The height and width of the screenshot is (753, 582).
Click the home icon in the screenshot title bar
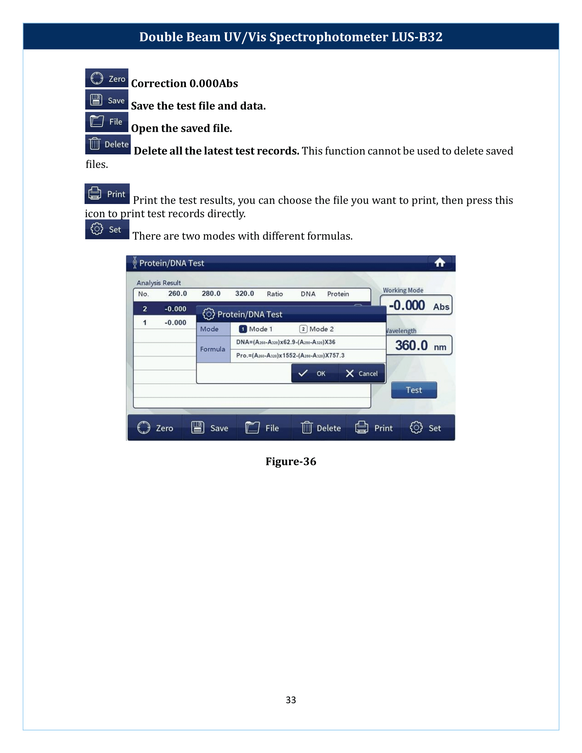(439, 263)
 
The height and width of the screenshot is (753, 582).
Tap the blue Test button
(414, 390)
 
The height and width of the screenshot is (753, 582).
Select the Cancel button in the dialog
(362, 373)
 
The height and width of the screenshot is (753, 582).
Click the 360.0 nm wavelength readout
(419, 345)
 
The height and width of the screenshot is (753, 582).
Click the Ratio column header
(275, 294)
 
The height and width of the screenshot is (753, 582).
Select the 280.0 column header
(211, 293)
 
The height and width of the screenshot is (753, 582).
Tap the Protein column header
(338, 294)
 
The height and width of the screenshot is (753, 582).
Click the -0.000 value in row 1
(175, 323)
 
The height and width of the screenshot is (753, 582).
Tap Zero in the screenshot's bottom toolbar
(155, 428)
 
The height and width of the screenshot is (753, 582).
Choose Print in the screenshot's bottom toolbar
(374, 428)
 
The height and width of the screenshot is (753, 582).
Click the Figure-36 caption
(291, 461)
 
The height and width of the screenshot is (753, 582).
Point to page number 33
(291, 700)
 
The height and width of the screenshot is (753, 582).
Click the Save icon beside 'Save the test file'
(106, 100)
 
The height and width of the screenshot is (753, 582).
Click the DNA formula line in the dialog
(286, 342)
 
